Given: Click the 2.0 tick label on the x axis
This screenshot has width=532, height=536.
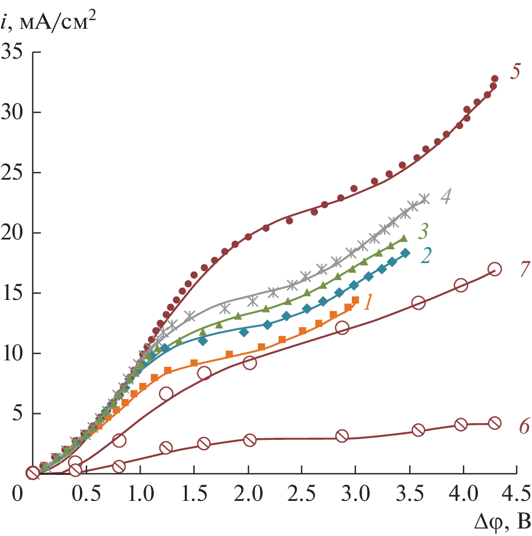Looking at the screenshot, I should pyautogui.click(x=248, y=493).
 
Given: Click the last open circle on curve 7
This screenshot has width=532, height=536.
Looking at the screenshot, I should pyautogui.click(x=495, y=269).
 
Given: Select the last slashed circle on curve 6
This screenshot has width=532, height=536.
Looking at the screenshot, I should pyautogui.click(x=495, y=423).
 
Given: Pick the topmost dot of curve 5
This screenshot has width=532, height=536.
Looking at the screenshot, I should pyautogui.click(x=495, y=79).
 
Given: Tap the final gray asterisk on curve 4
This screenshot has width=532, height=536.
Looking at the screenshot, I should pyautogui.click(x=424, y=199).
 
